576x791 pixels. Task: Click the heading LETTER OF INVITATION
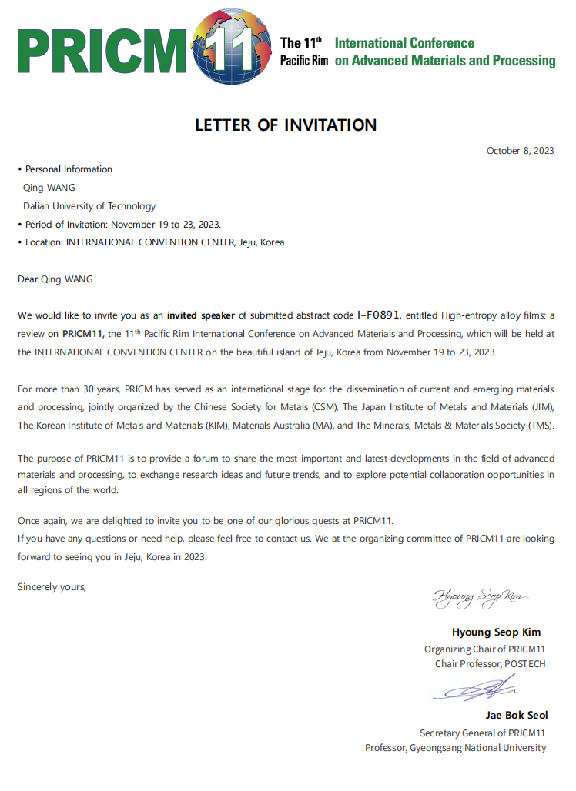(x=286, y=125)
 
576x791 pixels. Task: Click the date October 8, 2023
(x=520, y=151)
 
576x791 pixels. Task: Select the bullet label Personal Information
(x=69, y=169)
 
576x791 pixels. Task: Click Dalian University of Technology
(x=89, y=206)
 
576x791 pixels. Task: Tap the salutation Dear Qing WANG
(x=55, y=279)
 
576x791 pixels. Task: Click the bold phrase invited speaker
(x=201, y=315)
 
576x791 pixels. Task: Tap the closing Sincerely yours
(x=52, y=587)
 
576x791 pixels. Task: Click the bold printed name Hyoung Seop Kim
(x=496, y=632)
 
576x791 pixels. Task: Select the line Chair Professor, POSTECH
(x=490, y=663)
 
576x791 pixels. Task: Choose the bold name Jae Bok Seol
(x=517, y=716)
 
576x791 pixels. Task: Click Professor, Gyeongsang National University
(x=455, y=748)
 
